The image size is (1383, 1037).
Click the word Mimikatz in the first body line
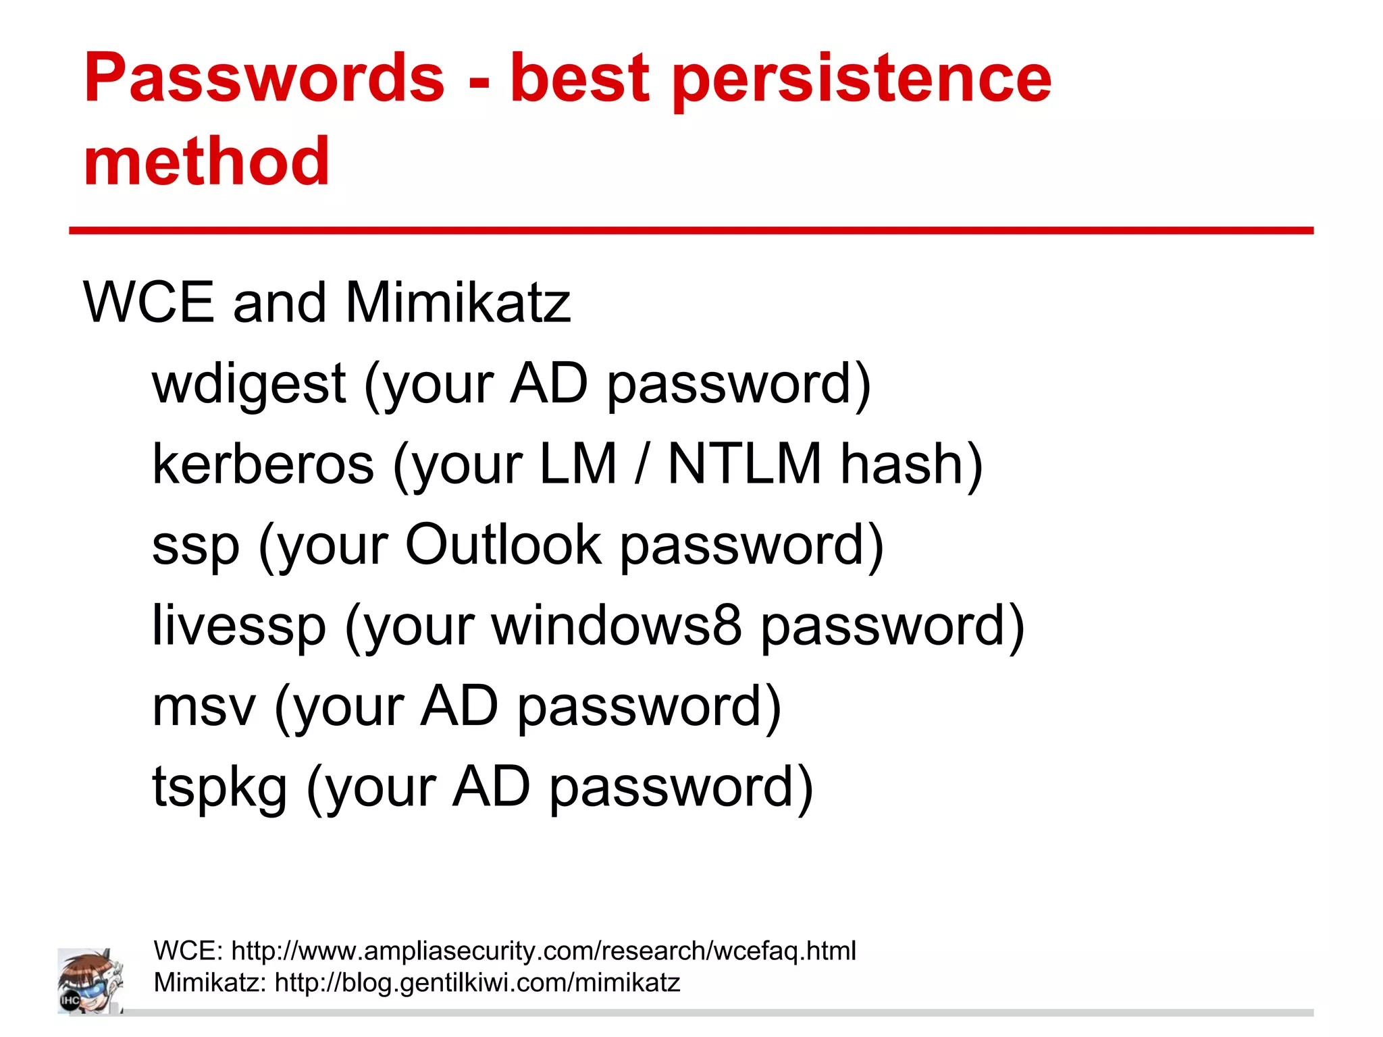(x=458, y=302)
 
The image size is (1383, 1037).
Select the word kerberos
(x=263, y=464)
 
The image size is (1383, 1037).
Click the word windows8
(x=617, y=625)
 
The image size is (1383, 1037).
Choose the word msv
(x=204, y=707)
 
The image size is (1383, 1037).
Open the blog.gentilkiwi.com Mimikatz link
(x=477, y=982)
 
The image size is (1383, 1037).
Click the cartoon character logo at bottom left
(x=90, y=981)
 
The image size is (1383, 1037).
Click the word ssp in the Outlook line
(x=196, y=546)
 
